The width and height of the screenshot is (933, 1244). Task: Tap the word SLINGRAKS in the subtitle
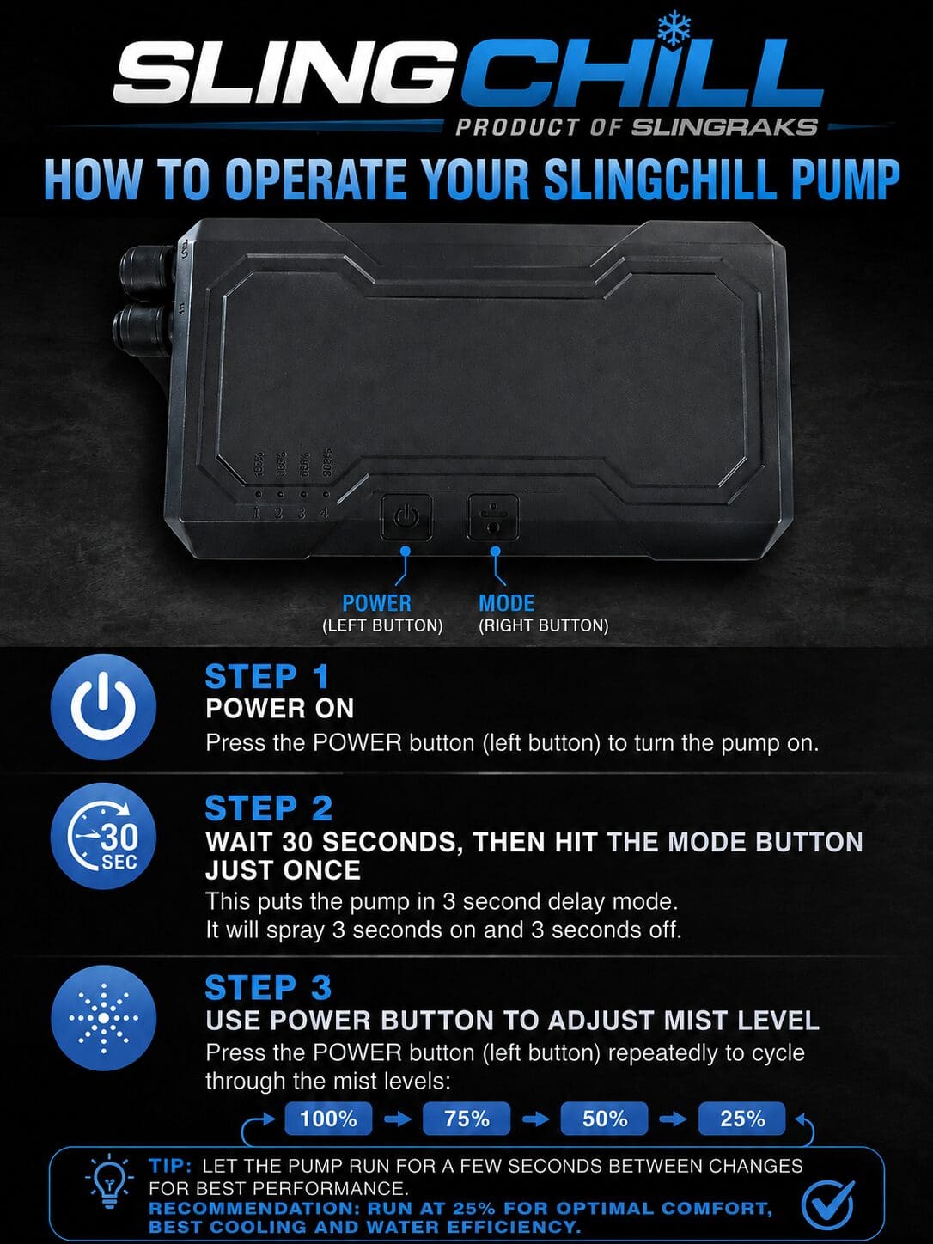coord(724,127)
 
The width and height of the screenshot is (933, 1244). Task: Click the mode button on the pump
coord(492,517)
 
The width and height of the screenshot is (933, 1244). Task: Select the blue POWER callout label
coord(376,603)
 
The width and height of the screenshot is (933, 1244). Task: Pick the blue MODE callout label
coord(506,603)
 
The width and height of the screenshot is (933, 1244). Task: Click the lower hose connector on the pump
coord(145,324)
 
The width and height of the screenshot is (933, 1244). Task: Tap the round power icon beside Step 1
coord(103,706)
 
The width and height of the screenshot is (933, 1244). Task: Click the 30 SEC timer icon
coord(103,836)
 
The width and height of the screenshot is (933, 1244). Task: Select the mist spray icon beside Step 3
coord(103,1018)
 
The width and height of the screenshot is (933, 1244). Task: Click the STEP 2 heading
coord(269,808)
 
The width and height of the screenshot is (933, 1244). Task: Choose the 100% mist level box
coord(328,1119)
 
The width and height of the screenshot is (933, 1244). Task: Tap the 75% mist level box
coord(466,1119)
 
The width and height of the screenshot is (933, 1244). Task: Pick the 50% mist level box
coord(605,1119)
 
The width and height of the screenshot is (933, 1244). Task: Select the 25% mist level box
coord(742,1119)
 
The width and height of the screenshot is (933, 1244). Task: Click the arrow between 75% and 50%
coord(535,1119)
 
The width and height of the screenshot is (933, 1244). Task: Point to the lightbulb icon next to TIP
coord(109,1182)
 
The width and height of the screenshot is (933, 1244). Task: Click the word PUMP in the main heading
coord(842,180)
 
